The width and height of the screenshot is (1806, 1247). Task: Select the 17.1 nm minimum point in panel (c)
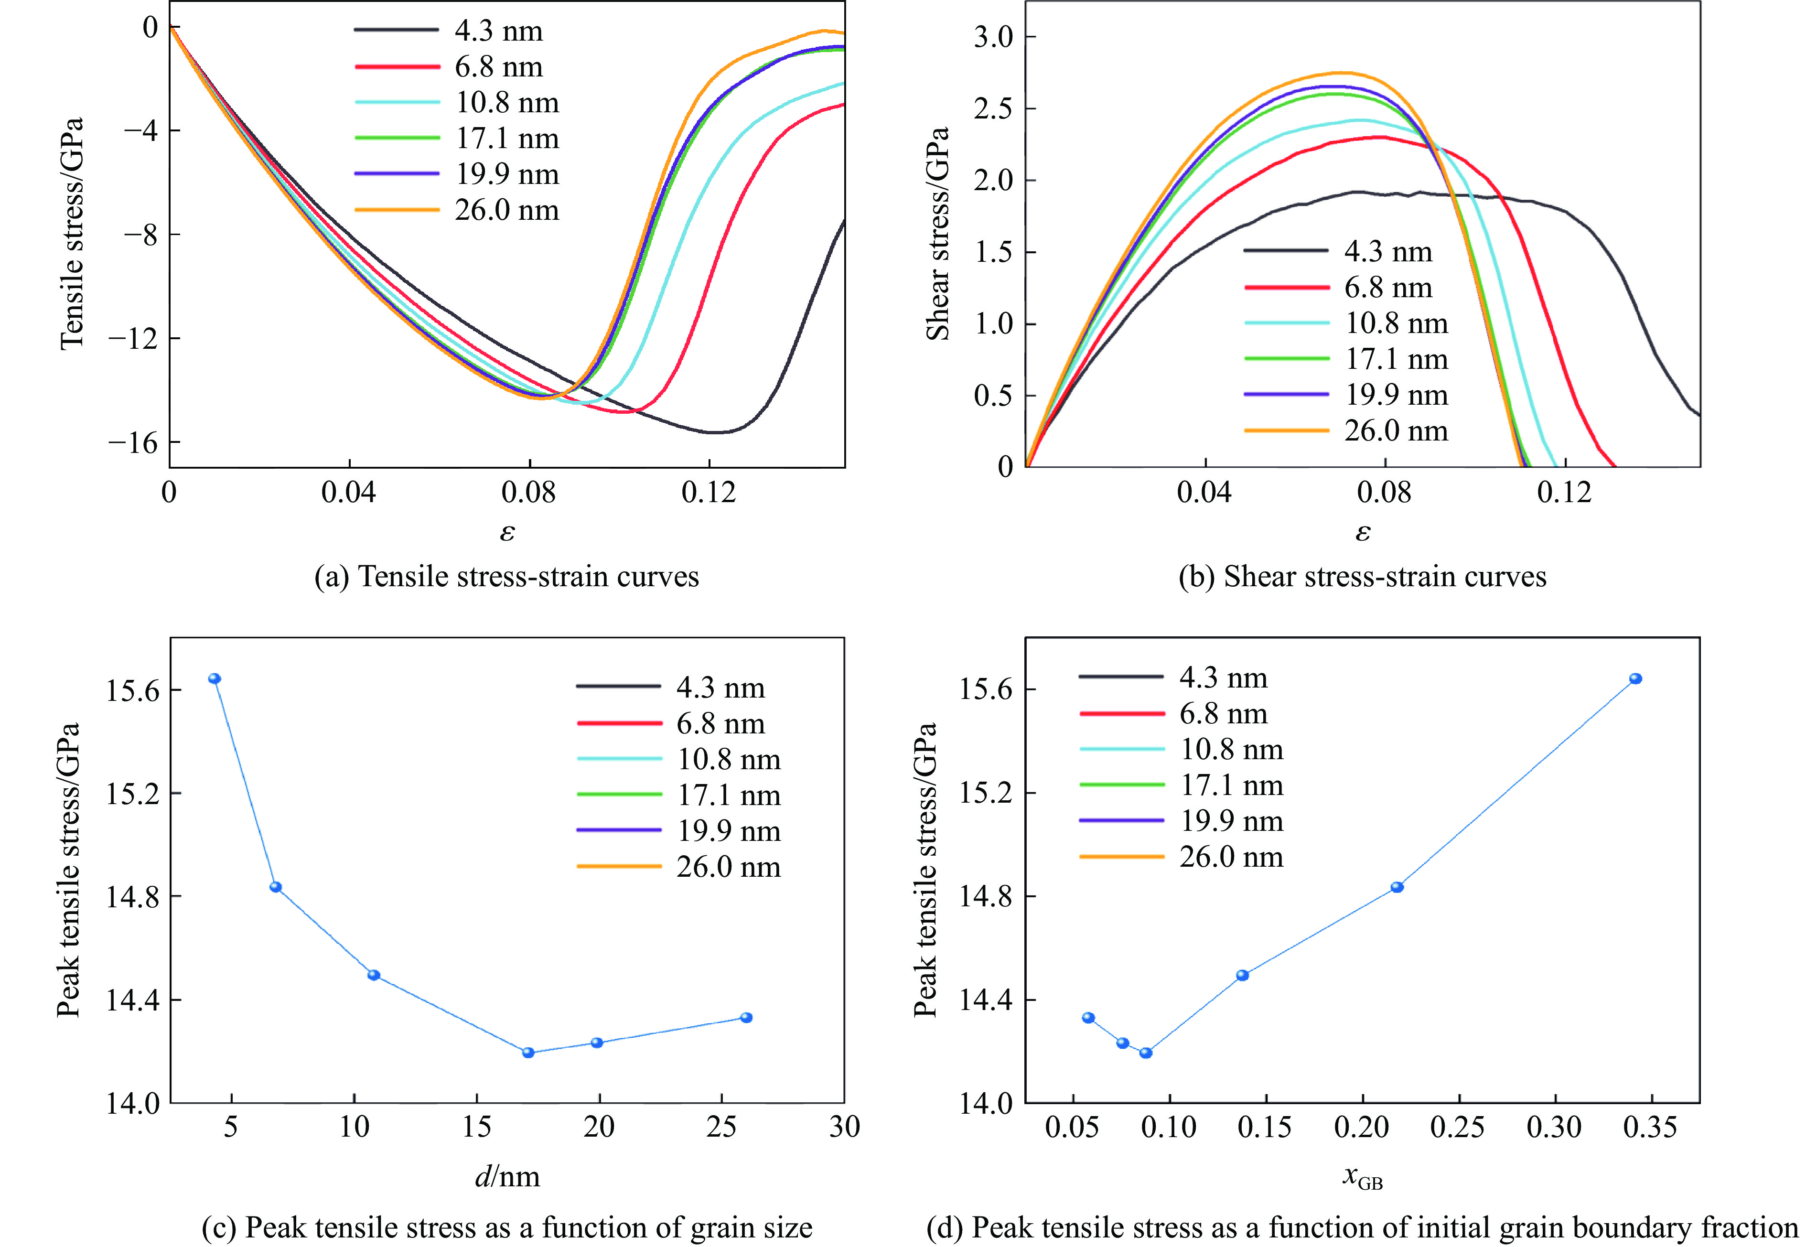(x=528, y=1053)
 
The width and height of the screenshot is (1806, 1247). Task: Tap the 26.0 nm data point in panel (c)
(x=746, y=1017)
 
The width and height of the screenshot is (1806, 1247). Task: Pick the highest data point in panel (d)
(x=1635, y=678)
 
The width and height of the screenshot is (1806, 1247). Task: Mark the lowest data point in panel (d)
(x=1146, y=1053)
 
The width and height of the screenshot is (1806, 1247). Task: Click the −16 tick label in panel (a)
(x=133, y=443)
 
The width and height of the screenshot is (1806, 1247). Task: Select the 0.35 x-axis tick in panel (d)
(x=1650, y=1127)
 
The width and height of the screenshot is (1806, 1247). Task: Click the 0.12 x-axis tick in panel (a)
(x=709, y=492)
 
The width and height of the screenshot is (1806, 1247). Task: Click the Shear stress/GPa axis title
(x=937, y=233)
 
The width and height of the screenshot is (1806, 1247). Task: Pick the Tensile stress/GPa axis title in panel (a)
(x=71, y=233)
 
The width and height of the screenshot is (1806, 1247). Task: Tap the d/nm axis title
(x=507, y=1176)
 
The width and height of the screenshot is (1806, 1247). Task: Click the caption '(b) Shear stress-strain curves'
(x=1362, y=577)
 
